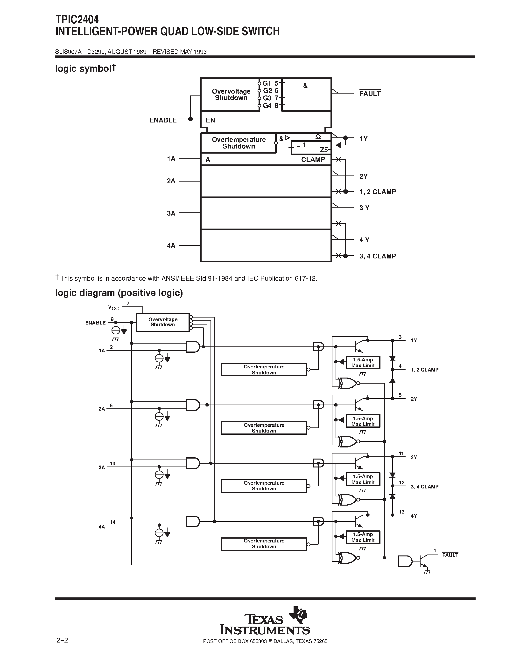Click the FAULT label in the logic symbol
pos(370,94)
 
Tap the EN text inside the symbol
pos(210,120)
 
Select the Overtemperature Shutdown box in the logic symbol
pos(239,143)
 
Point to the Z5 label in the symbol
pos(324,150)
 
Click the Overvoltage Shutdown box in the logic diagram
pos(163,322)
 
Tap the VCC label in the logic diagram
pos(113,308)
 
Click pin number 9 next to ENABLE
pos(112,319)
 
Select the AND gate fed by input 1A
pos(193,346)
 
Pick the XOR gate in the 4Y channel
pos(348,558)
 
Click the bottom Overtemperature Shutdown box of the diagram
pos(264,544)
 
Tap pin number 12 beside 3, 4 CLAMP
pos(401,483)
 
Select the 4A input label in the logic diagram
pos(101,527)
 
